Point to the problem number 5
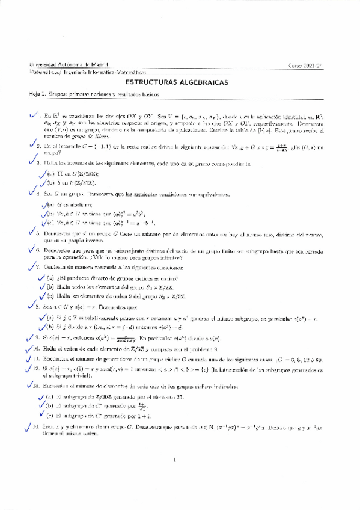[37, 232]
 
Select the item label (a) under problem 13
[50, 398]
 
